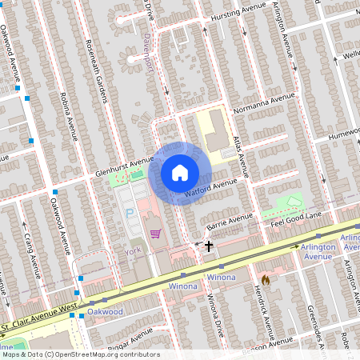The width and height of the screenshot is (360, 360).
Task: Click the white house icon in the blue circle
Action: [180, 172]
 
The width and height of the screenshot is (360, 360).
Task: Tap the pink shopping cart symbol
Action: [155, 234]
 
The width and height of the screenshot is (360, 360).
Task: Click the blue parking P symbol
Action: [130, 214]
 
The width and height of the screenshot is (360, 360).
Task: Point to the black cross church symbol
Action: [209, 246]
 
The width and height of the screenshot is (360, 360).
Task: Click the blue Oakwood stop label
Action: [105, 310]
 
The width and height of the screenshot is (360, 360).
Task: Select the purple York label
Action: [133, 251]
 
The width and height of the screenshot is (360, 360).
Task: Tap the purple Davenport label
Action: [149, 54]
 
